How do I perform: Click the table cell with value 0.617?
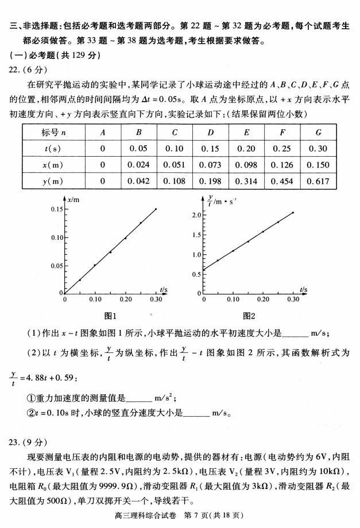[318, 181]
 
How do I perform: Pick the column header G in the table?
[318, 132]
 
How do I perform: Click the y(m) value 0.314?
[246, 181]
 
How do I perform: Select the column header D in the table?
[210, 132]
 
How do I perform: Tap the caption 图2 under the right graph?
[249, 315]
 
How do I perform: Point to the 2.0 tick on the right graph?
[196, 215]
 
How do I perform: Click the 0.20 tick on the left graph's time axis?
[125, 300]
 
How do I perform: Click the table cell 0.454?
[282, 181]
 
